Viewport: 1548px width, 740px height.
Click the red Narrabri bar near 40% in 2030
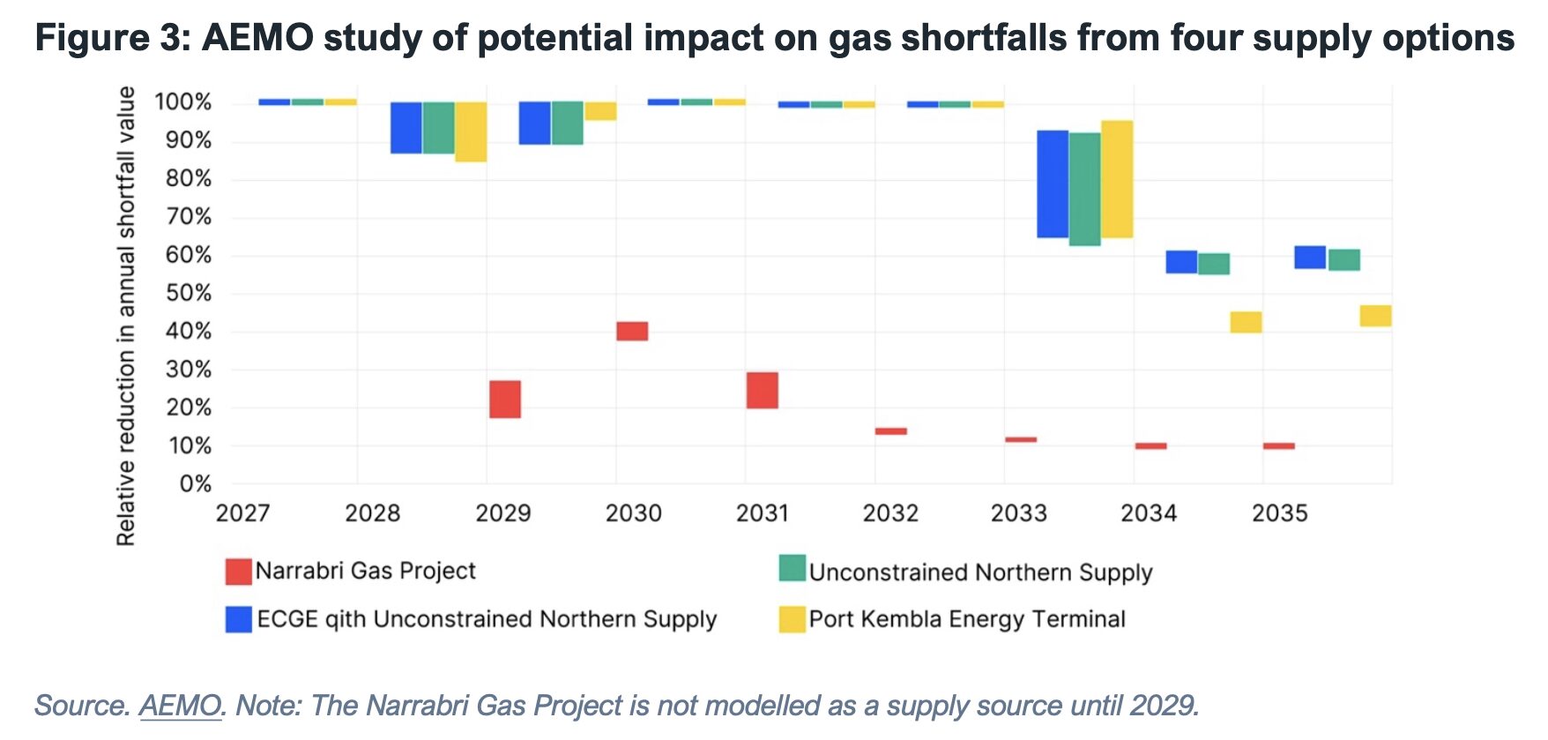coord(632,331)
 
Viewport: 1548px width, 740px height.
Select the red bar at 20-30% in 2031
coord(762,390)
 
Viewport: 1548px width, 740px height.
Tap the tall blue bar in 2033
coord(1053,184)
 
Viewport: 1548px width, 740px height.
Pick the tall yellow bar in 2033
coord(1117,179)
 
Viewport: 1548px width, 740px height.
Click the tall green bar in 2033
coord(1084,189)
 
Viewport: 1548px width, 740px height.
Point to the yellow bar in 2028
coord(471,131)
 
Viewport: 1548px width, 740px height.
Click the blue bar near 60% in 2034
coord(1181,262)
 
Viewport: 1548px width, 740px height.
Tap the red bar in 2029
coord(505,399)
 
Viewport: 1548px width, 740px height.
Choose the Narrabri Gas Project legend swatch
coord(238,572)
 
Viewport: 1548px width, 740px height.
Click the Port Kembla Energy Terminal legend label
coord(967,619)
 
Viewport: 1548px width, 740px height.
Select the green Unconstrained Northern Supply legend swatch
coord(793,568)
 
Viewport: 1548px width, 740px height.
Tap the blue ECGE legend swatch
coord(238,619)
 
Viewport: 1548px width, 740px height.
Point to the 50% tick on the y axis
coord(189,294)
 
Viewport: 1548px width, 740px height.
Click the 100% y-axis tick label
coord(183,102)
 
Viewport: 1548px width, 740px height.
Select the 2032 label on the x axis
coord(890,513)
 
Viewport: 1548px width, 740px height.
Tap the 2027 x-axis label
coord(242,513)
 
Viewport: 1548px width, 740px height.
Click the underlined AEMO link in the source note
coord(180,706)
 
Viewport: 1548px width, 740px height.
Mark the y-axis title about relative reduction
coord(127,316)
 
